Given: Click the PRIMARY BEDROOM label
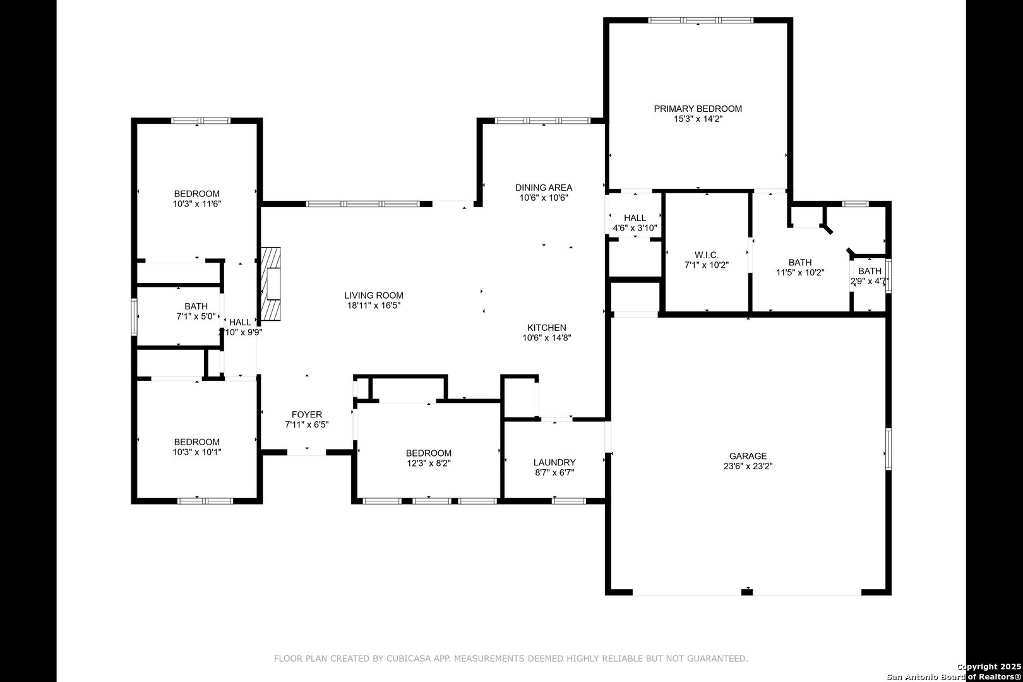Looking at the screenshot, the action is [698, 109].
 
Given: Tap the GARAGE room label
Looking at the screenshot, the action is [748, 456].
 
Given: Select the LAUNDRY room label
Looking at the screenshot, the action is [554, 462].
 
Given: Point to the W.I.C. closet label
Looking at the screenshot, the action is [707, 255].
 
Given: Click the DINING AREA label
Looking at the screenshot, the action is [544, 188].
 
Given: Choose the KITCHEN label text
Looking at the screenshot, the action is [547, 328].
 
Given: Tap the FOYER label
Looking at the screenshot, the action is [307, 414].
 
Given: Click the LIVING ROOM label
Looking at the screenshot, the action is [374, 296].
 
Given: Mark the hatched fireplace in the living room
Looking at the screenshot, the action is [270, 284].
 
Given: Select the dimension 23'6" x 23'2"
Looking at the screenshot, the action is [748, 467].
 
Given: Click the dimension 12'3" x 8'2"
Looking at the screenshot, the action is [428, 464].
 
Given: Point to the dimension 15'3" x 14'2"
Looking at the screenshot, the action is [698, 119].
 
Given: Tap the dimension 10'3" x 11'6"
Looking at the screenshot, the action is [197, 204].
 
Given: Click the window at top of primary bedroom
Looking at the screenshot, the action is [700, 20].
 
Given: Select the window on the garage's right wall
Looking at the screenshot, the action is [888, 449].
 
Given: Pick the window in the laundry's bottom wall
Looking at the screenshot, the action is [568, 501].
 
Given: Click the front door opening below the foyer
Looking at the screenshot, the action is [306, 453].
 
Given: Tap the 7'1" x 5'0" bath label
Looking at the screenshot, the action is [196, 311].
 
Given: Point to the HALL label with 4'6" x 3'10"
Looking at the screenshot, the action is [635, 223].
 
